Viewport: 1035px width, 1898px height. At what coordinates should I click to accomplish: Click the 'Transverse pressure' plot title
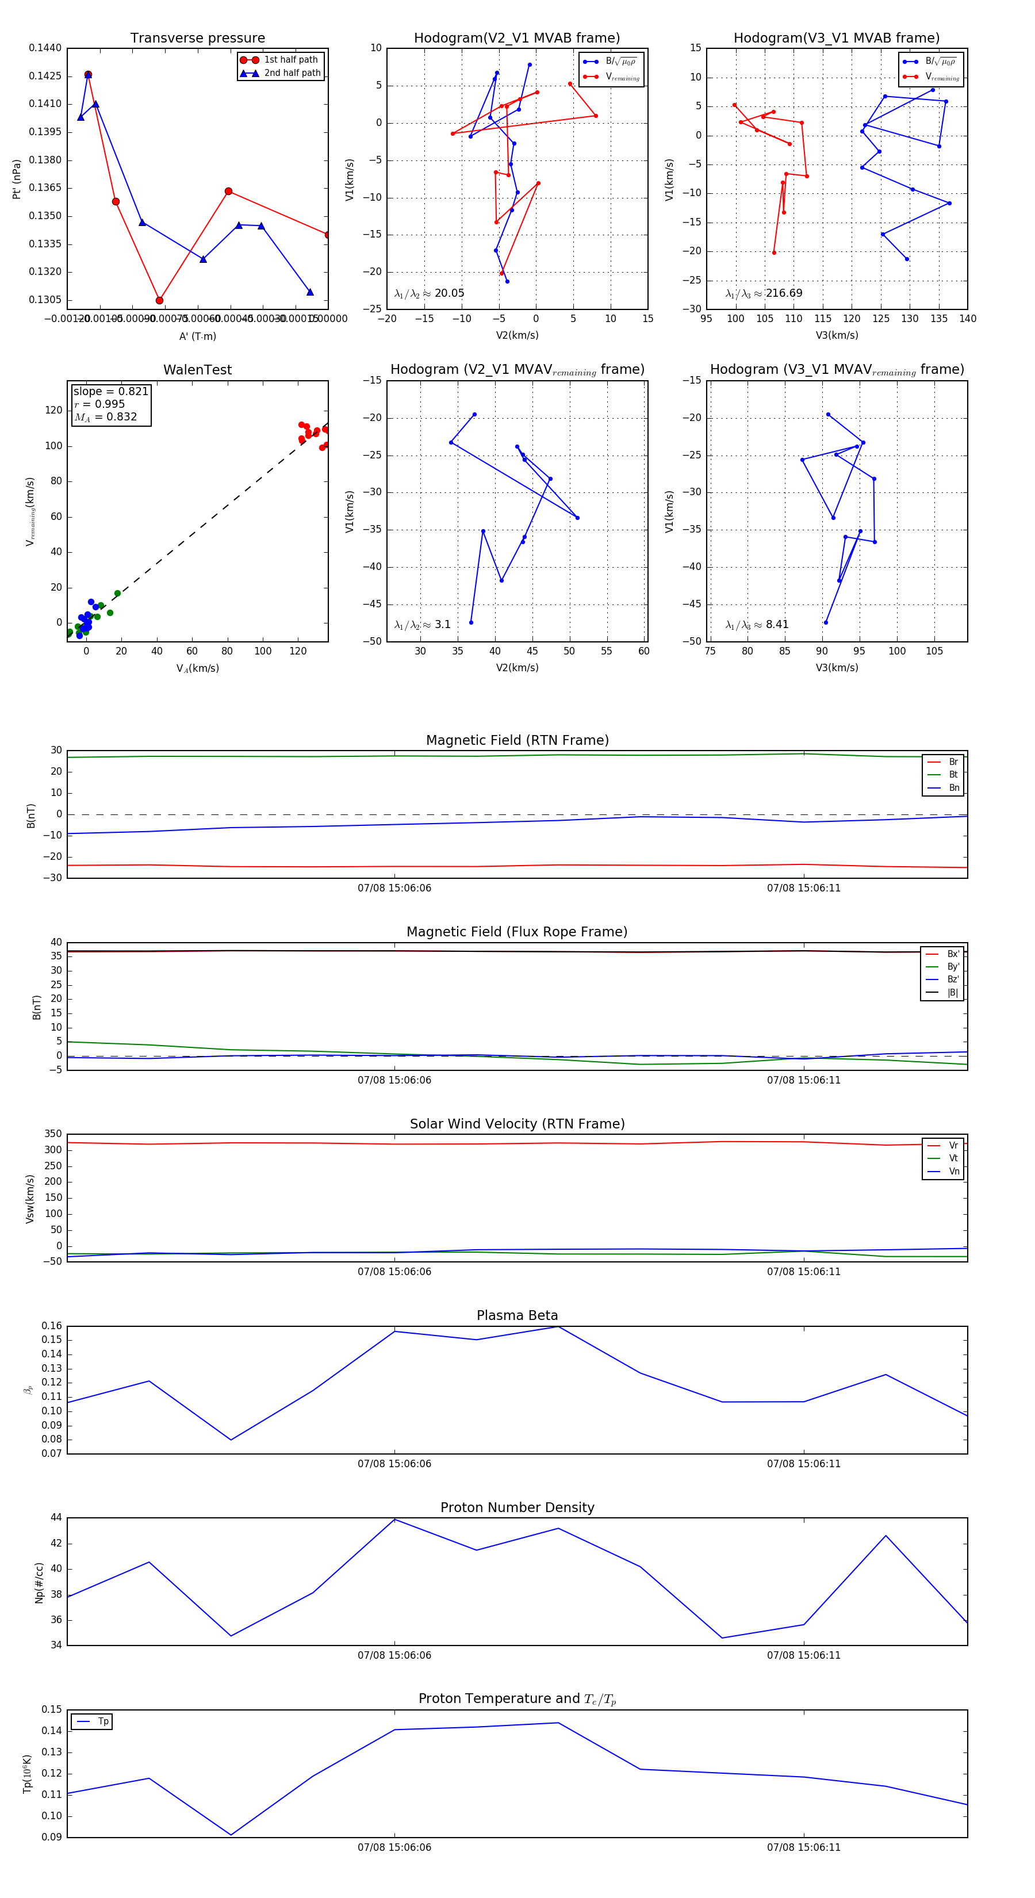[x=197, y=39]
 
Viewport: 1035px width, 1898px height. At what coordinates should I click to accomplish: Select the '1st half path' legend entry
[x=290, y=60]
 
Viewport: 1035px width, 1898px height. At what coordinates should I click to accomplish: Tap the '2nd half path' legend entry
[x=292, y=73]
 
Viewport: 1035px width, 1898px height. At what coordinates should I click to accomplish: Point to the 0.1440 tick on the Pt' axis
[x=45, y=48]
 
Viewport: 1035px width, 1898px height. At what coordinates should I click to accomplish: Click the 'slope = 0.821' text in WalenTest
[x=110, y=391]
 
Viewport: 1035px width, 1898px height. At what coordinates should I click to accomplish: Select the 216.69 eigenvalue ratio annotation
[x=764, y=293]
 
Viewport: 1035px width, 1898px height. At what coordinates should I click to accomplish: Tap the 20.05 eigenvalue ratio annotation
[x=430, y=293]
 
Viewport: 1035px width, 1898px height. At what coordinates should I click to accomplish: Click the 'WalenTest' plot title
[x=197, y=370]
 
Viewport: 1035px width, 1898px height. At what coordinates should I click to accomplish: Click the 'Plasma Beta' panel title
[x=517, y=1315]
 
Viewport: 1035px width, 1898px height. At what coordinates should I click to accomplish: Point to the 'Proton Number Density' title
[x=517, y=1507]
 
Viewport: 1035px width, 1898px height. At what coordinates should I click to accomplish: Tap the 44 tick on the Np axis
[x=56, y=1518]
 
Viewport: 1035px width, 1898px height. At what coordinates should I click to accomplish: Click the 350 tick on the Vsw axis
[x=53, y=1134]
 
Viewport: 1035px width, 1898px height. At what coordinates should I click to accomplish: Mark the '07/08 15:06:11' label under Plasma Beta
[x=803, y=1464]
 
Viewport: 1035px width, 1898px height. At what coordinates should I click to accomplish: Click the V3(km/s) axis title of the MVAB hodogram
[x=836, y=335]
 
